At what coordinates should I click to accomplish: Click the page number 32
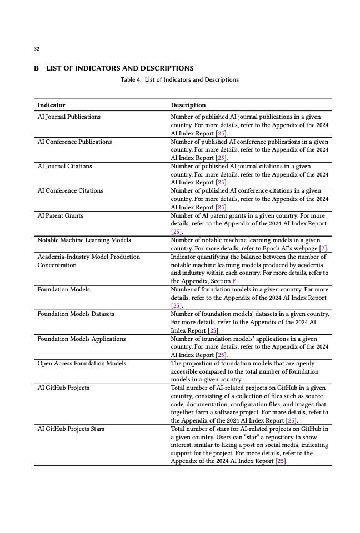click(x=37, y=49)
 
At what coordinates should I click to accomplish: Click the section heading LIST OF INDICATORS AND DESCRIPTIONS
click(x=119, y=68)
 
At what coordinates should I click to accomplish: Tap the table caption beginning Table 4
click(x=179, y=80)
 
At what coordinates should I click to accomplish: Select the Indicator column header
click(x=51, y=105)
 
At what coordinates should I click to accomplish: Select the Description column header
click(x=188, y=105)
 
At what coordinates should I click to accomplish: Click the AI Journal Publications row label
click(x=69, y=117)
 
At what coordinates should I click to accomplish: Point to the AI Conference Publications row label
click(x=74, y=142)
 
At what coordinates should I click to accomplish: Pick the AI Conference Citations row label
click(x=70, y=191)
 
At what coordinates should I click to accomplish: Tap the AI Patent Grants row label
click(x=60, y=215)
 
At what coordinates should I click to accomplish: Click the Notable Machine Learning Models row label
click(x=84, y=240)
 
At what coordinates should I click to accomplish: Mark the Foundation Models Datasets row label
click(x=76, y=314)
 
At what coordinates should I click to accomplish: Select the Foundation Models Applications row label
click(x=81, y=339)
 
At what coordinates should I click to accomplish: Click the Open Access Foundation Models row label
click(x=81, y=364)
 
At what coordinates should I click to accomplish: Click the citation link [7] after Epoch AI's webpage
click(x=323, y=248)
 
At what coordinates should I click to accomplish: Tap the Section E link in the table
click(x=234, y=281)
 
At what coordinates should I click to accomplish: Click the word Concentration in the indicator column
click(x=57, y=265)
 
